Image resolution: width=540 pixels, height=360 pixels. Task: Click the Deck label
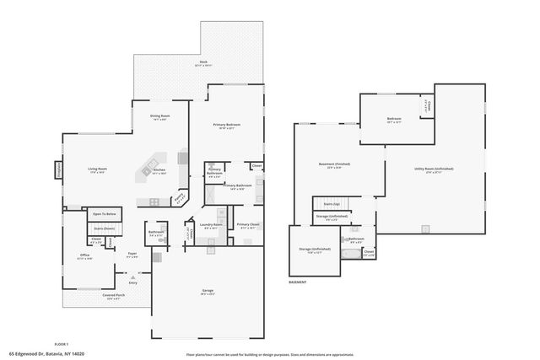(203, 62)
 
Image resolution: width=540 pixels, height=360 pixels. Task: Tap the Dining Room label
(160, 116)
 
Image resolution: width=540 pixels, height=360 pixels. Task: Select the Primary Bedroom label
(227, 126)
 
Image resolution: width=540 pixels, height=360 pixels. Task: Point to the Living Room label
(98, 169)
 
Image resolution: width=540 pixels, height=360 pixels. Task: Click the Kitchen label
(159, 170)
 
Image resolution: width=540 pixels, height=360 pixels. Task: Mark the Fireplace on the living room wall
(59, 169)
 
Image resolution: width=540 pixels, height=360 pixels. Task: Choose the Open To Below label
(104, 213)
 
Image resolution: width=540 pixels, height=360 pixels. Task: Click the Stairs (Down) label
(104, 228)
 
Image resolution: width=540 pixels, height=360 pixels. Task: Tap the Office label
(85, 255)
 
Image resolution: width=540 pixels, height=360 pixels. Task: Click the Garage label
(207, 292)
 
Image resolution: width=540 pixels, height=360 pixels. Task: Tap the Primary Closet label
(247, 225)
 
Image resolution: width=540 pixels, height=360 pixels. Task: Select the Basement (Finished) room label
(334, 164)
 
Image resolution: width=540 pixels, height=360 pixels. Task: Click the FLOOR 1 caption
(61, 344)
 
